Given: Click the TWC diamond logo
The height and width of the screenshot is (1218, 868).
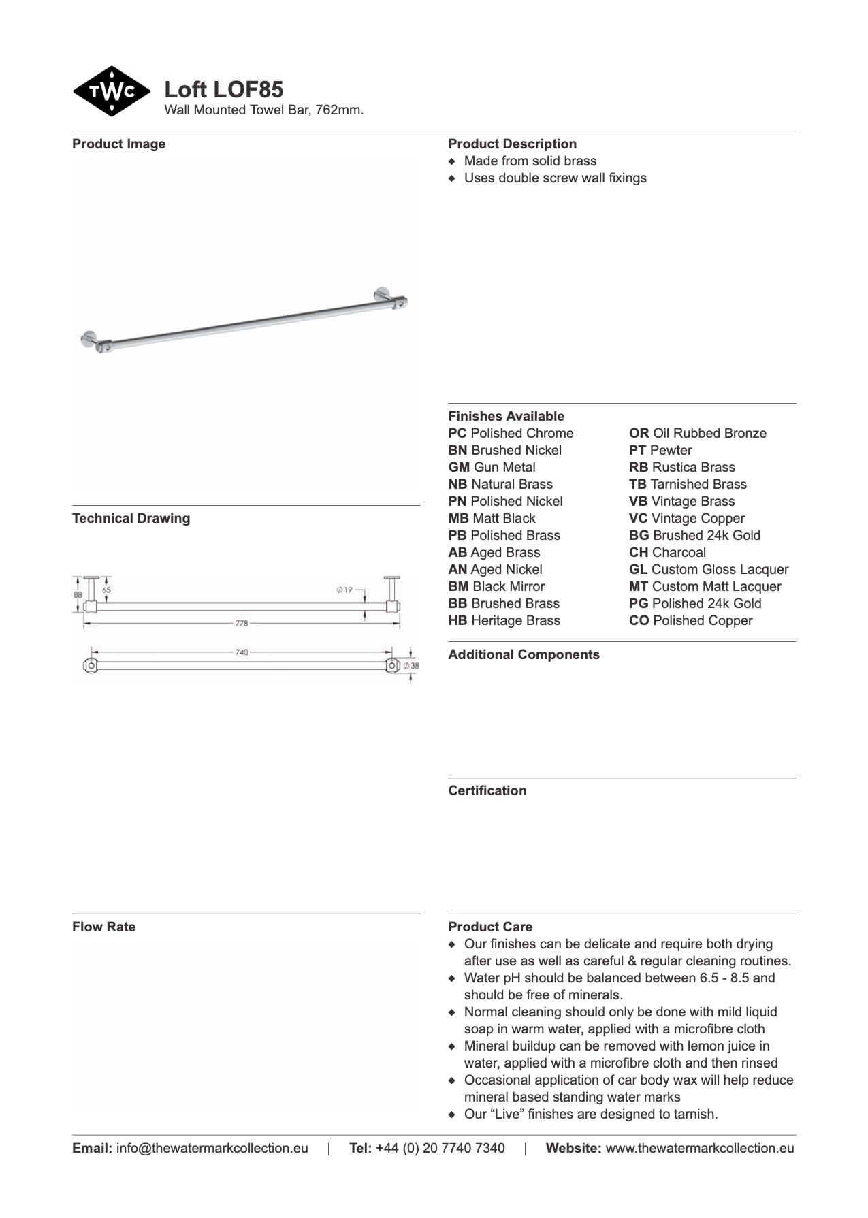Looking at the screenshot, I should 111,91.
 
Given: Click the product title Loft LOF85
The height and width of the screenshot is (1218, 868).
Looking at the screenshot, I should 223,89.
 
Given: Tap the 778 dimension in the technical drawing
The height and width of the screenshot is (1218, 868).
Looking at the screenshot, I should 242,623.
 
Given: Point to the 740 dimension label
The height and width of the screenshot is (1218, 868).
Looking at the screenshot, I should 242,652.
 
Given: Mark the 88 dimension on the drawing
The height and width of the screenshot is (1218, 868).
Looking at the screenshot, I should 78,594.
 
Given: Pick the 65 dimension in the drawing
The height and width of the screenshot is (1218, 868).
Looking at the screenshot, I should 106,590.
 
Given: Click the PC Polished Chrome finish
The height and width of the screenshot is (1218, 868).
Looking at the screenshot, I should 511,433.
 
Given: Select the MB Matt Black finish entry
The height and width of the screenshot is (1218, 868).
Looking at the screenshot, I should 492,518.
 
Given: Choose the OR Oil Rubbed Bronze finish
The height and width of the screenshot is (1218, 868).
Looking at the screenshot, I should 697,433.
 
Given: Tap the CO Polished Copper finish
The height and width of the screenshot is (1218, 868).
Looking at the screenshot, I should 690,620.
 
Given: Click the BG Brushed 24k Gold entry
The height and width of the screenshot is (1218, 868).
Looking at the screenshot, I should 694,535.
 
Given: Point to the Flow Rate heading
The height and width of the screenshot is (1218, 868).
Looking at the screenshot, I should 103,927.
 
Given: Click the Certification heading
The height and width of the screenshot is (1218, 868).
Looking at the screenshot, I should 487,790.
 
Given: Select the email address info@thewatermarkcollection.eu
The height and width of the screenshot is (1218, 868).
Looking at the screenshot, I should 212,1148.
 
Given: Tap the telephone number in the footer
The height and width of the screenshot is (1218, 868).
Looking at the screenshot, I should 440,1148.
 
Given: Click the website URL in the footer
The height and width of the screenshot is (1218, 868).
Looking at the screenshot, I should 699,1148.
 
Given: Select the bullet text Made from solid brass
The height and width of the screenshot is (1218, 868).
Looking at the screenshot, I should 530,161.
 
